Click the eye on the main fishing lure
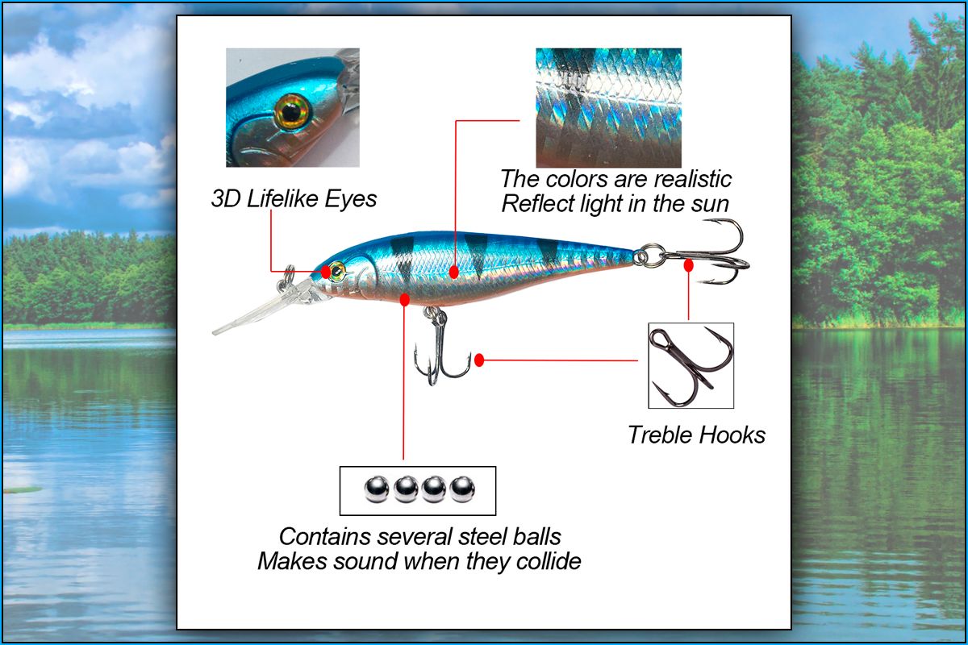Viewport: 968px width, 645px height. click(336, 272)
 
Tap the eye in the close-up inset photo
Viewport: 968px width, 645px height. click(291, 112)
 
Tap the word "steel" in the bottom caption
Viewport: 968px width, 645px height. click(482, 537)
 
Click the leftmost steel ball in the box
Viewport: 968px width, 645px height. click(376, 489)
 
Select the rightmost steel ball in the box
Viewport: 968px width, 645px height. click(462, 489)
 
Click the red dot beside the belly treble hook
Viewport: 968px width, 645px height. click(479, 360)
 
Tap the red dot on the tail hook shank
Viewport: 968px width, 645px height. click(688, 265)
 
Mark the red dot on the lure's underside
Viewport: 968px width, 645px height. click(404, 300)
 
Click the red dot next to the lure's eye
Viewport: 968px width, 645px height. click(325, 272)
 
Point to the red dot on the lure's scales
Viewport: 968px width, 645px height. click(453, 273)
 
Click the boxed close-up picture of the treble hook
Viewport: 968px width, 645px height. click(691, 365)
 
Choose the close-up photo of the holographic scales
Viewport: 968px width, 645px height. click(608, 107)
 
